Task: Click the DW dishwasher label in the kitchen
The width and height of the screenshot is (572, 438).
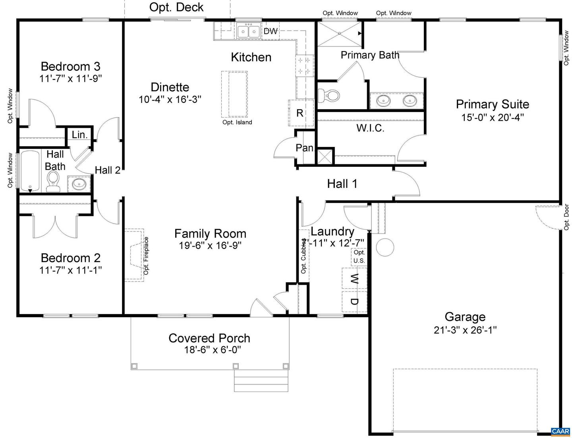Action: coord(271,31)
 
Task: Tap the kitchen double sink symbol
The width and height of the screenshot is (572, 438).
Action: coord(249,31)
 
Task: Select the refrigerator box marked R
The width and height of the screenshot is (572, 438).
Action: coord(300,113)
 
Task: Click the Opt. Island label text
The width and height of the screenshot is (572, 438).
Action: coord(237,122)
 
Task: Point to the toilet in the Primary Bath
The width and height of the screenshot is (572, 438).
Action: coord(329,95)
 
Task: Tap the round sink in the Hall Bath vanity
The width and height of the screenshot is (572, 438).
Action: coord(79,184)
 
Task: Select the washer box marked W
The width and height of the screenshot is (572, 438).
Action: coord(354,278)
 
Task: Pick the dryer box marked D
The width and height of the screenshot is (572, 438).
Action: coord(354,301)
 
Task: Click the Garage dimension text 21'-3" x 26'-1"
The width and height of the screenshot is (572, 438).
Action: coord(465,330)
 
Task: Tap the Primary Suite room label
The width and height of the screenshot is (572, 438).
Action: coord(492,104)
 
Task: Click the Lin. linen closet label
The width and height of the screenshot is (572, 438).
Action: coord(79,135)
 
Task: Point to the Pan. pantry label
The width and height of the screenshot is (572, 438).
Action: coord(305,148)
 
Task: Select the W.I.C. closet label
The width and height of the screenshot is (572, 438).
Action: coord(370,128)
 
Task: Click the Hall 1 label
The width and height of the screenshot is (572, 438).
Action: coord(342,183)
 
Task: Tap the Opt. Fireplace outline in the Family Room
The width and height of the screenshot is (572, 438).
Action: coord(134,255)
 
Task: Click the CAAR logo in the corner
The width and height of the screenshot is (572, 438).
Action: coord(560,432)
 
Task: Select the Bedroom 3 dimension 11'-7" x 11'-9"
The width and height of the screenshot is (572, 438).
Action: coord(71,79)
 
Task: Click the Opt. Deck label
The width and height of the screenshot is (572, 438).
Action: coord(176,7)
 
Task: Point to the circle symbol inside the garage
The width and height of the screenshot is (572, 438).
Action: coord(385,247)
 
